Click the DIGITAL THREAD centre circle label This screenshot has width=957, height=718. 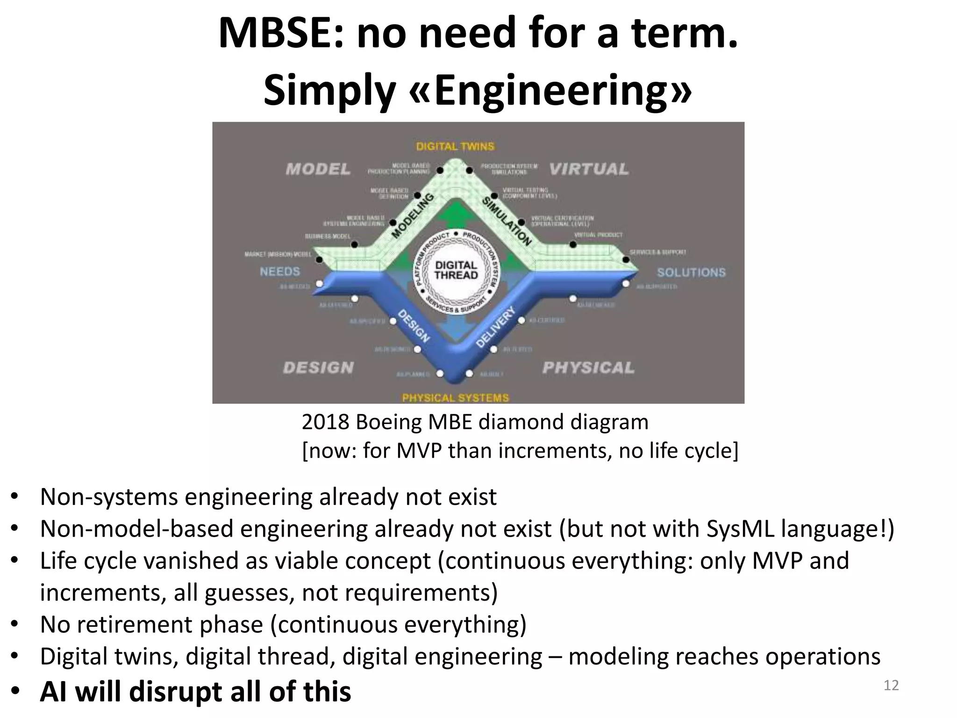coord(456,270)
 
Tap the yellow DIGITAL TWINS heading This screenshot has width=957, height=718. coord(455,146)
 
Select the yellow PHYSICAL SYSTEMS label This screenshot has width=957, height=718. coord(455,398)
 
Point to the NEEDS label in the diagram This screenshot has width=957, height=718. coord(280,272)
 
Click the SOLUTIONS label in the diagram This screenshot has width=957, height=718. coord(691,273)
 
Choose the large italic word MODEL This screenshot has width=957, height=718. coord(318,169)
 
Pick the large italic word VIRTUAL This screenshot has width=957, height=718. coord(589,169)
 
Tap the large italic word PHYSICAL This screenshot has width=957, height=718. coord(588,368)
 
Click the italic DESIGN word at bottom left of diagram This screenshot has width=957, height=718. coord(318,368)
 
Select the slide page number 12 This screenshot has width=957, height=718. coord(891,685)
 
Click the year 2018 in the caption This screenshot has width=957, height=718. coord(325,422)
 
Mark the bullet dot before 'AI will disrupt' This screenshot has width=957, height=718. coord(15,691)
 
